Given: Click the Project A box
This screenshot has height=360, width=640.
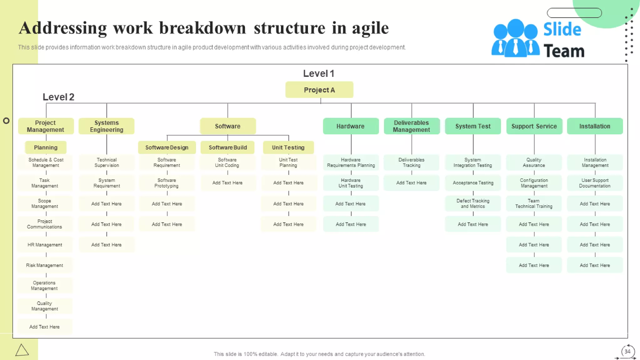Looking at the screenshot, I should [319, 90].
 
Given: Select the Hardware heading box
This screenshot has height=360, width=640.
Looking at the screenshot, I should [351, 126].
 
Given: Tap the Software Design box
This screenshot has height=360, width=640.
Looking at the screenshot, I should [167, 147].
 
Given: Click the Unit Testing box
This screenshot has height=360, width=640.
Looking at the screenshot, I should [288, 147].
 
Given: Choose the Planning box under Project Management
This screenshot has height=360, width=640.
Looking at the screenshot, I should [46, 147].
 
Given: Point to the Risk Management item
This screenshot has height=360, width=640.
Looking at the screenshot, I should [45, 265].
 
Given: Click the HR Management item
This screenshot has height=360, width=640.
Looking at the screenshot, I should [45, 245].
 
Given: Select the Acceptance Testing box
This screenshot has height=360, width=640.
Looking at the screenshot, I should [473, 183].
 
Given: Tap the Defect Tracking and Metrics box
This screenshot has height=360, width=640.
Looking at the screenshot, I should [473, 203].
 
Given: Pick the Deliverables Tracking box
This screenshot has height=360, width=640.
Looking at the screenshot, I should [411, 162].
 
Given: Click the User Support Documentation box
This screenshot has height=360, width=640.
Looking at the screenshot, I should [595, 183].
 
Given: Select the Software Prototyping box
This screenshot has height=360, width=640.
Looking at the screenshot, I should [167, 183].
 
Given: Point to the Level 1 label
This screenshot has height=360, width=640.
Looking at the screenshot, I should [318, 73].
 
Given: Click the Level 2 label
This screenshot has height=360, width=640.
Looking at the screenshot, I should [58, 97].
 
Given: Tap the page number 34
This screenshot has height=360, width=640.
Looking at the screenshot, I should [627, 351].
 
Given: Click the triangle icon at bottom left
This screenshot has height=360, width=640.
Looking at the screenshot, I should [22, 350].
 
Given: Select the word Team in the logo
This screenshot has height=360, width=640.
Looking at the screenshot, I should [564, 51].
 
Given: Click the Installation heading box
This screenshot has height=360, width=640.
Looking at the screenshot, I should [595, 126].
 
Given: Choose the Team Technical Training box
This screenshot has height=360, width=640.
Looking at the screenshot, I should [534, 203].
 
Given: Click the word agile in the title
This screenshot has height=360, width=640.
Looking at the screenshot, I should [370, 28].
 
